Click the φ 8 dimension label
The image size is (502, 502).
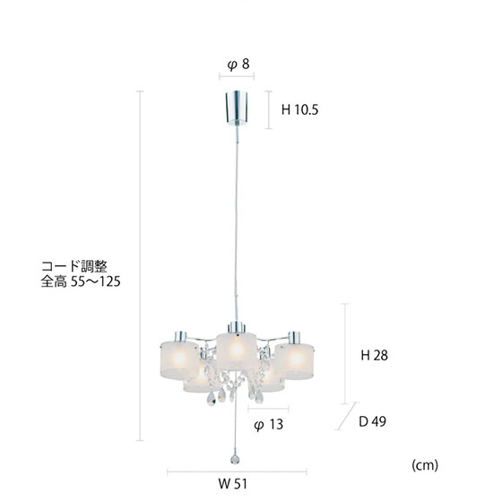pos(238,65)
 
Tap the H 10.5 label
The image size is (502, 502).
pos(299,109)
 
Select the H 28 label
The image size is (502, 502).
pos(375,355)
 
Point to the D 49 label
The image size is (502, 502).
pos(372,421)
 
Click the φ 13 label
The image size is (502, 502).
pos(269,425)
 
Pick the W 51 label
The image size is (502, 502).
pos(233,484)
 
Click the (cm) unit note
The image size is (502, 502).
pos(425,465)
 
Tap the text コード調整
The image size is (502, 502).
pos(74,266)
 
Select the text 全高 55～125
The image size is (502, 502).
pos(81,281)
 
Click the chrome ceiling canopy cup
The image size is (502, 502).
pos(237,108)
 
